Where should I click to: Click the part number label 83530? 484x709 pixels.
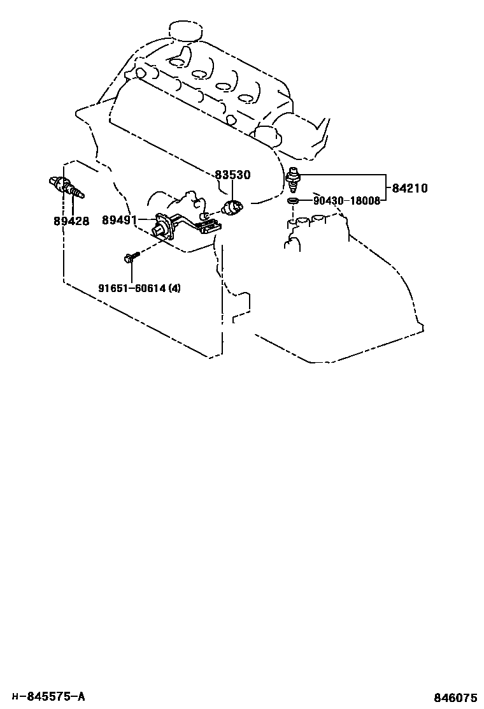pyautogui.click(x=232, y=175)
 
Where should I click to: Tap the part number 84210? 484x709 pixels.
pyautogui.click(x=409, y=188)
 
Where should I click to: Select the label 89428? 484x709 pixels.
pyautogui.click(x=71, y=221)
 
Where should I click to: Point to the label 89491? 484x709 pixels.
pyautogui.click(x=120, y=219)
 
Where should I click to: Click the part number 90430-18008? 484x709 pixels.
pyautogui.click(x=346, y=201)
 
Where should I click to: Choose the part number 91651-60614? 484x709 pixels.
pyautogui.click(x=132, y=288)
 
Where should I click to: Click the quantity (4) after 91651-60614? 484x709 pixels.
pyautogui.click(x=174, y=288)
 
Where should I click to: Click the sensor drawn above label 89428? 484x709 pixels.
pyautogui.click(x=65, y=187)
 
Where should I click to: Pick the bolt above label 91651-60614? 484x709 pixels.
pyautogui.click(x=131, y=258)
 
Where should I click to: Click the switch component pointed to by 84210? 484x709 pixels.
pyautogui.click(x=294, y=178)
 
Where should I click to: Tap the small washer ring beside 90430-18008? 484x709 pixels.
pyautogui.click(x=292, y=201)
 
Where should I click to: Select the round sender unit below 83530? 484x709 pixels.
pyautogui.click(x=232, y=207)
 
